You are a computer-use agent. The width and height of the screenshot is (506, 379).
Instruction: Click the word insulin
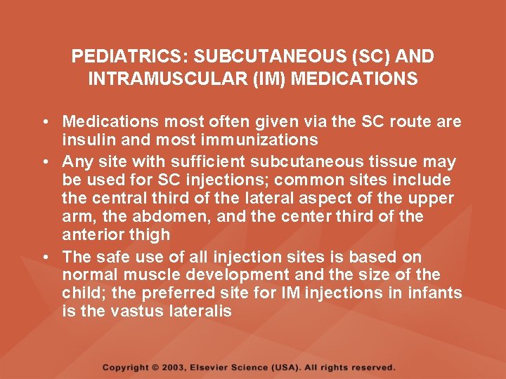point(85,140)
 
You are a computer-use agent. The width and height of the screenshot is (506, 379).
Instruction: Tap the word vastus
point(136,311)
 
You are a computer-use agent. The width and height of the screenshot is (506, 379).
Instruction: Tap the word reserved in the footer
point(372,367)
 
